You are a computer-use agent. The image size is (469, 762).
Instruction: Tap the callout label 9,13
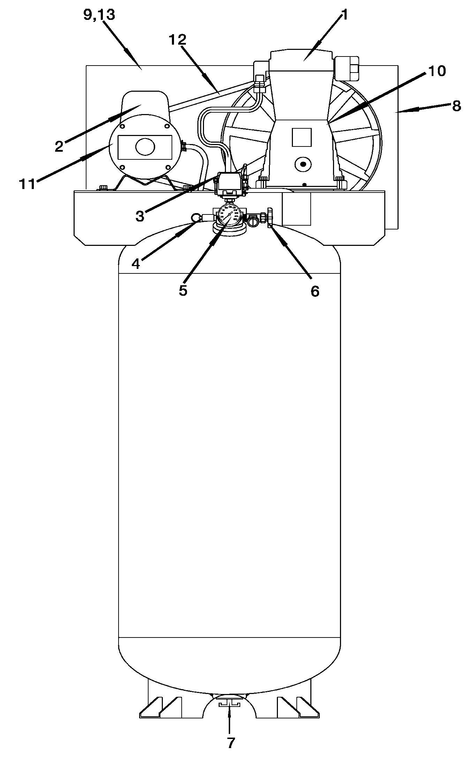click(99, 15)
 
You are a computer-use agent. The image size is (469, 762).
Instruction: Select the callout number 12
click(178, 40)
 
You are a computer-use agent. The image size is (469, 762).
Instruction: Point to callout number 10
click(437, 71)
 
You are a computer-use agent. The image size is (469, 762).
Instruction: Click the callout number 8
click(456, 106)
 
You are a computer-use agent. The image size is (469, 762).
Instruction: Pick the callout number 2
click(59, 146)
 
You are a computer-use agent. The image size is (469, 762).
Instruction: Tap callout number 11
click(27, 184)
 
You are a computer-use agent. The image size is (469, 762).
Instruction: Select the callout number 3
click(139, 216)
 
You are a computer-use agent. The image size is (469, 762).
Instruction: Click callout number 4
click(136, 264)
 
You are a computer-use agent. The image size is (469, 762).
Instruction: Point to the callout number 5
click(183, 290)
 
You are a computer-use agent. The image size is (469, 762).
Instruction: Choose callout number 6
click(315, 291)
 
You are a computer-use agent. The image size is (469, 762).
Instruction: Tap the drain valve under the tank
click(229, 704)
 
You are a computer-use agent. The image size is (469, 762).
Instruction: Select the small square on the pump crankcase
click(301, 137)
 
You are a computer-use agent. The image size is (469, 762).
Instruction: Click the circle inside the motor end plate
click(145, 146)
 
